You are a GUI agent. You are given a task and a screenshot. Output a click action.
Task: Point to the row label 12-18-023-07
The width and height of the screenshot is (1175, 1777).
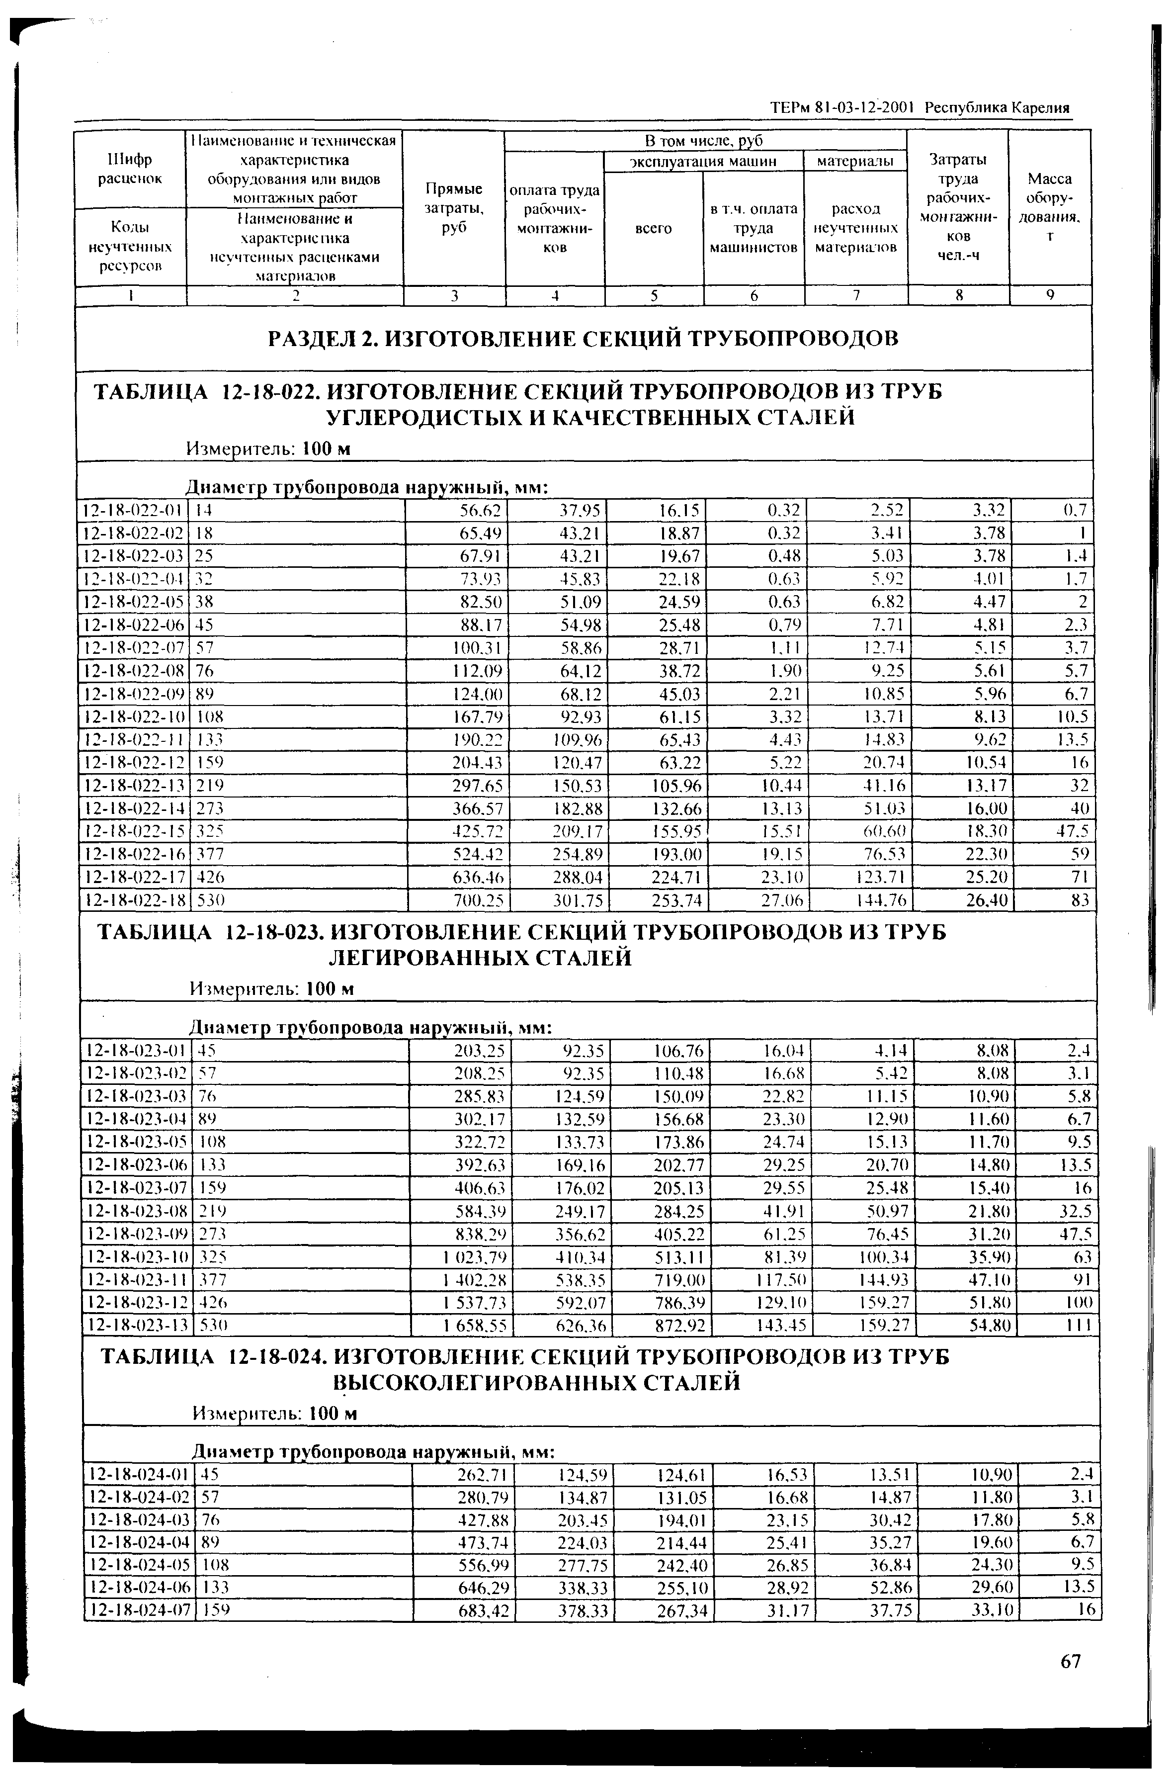pos(136,1188)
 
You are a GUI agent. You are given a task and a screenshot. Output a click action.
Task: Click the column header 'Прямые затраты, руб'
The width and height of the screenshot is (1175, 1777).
pos(454,208)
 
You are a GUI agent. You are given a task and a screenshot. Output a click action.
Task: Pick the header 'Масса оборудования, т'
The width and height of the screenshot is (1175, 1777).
pos(1049,208)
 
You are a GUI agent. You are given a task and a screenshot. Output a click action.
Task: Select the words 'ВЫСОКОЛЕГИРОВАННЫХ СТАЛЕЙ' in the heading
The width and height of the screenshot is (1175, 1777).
pos(536,1382)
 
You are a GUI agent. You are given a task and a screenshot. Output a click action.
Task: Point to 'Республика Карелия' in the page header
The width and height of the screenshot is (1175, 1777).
pos(997,108)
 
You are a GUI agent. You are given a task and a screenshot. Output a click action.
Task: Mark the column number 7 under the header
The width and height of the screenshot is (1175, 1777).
pos(855,295)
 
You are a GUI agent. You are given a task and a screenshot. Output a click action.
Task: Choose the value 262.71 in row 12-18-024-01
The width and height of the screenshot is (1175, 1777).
pos(483,1474)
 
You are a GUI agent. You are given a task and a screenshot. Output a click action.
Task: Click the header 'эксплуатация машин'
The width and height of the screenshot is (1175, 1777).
pos(703,161)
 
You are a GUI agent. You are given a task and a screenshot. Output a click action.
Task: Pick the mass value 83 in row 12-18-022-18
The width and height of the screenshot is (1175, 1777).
pos(1079,900)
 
